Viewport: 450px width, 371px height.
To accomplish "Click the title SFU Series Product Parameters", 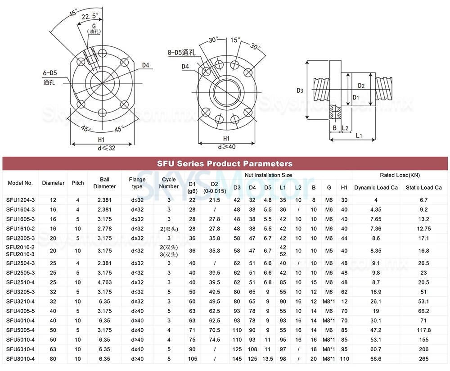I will (x=225, y=163).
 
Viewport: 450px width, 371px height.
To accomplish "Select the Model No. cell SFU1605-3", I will (x=21, y=219).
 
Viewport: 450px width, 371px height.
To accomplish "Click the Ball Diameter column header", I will (x=104, y=183).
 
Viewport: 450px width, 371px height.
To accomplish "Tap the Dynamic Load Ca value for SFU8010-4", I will (x=376, y=358).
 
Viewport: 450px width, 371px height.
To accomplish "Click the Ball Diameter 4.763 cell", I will (x=104, y=282).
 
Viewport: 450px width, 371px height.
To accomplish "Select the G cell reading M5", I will (x=329, y=251).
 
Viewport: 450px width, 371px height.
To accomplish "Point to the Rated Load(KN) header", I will (x=400, y=175).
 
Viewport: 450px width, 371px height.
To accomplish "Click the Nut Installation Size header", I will (x=268, y=175).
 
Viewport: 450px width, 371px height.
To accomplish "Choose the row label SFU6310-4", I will (x=21, y=349).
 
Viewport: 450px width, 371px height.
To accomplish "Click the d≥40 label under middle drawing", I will (x=226, y=147).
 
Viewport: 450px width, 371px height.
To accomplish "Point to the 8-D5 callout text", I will (x=180, y=53).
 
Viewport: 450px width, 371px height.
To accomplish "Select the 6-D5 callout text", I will (x=50, y=72).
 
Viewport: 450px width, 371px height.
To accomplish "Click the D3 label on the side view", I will (x=300, y=90).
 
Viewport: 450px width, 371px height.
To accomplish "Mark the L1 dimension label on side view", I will (x=359, y=135).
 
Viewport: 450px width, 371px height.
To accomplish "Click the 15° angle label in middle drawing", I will (x=234, y=40).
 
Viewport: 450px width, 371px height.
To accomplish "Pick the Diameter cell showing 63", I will (x=53, y=349).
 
